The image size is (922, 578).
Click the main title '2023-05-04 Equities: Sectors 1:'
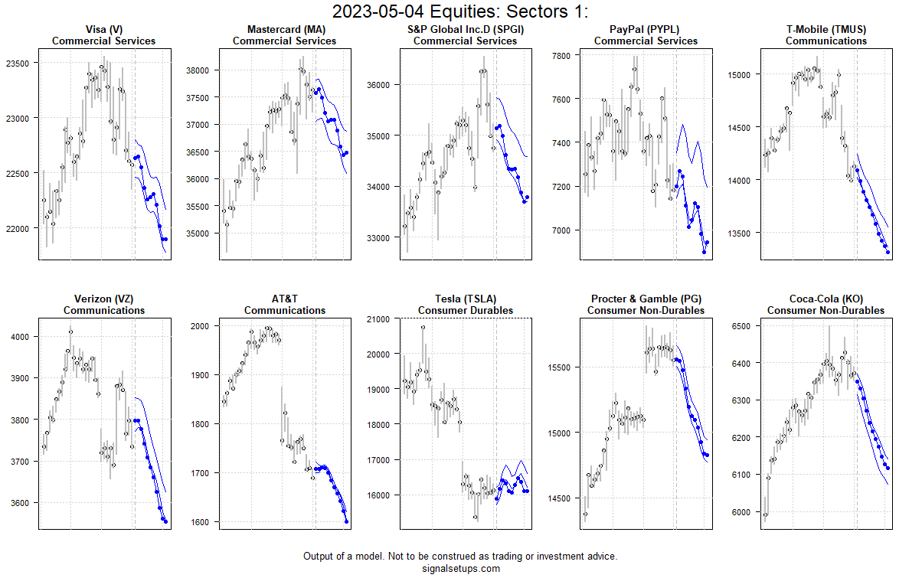coord(460,11)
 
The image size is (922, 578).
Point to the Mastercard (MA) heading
coord(284,30)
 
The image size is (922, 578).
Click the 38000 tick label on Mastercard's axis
coord(198,70)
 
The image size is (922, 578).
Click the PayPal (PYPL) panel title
coord(646,30)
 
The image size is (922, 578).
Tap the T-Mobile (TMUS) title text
coord(826,30)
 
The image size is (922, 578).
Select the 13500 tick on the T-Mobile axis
coord(740,233)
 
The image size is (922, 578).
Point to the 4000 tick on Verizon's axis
coord(20,337)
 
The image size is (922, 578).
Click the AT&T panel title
coord(284,299)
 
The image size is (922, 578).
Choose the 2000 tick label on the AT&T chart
coord(201,326)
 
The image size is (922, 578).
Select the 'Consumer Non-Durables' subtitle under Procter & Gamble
coord(646,310)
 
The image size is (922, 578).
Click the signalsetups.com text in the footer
coord(460,568)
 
